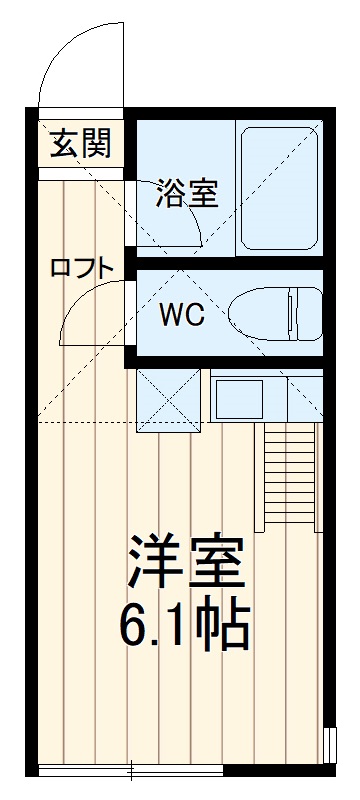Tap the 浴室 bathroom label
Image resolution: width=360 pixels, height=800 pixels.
186,194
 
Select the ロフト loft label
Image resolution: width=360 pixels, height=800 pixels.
83,267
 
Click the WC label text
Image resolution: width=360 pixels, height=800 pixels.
183,315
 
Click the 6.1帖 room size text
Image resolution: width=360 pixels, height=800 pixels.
185,626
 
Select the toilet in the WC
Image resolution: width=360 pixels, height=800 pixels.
275,314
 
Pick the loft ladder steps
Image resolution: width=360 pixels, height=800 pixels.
289,470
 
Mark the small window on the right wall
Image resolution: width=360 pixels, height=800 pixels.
329,745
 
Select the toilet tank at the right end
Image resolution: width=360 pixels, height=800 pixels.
306,314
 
